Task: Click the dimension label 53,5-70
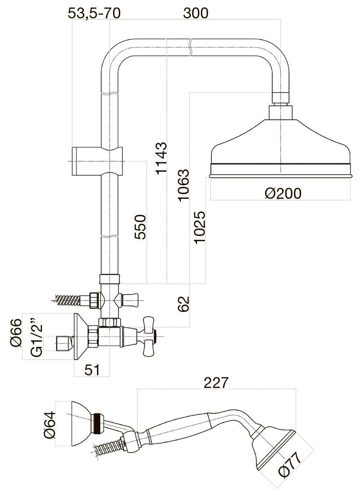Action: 94,13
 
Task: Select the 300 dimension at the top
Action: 195,13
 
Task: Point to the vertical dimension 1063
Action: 183,185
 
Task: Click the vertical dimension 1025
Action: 199,227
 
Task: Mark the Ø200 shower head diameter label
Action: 283,193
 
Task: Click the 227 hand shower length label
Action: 216,383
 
